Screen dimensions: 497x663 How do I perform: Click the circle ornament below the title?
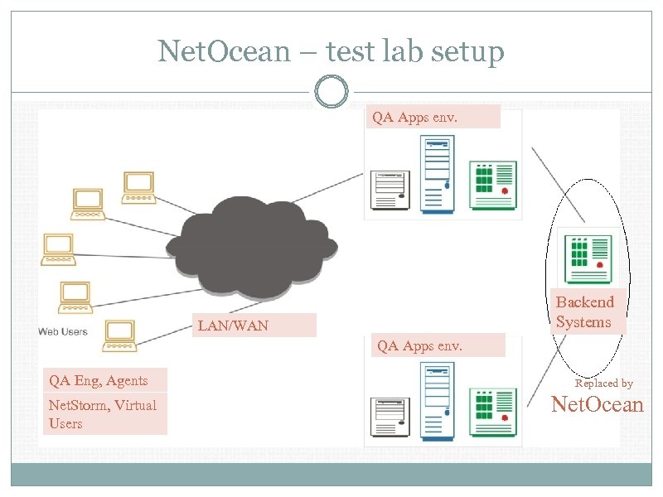331,92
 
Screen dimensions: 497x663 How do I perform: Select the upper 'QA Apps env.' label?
433,117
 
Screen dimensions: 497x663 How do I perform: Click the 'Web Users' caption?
62,332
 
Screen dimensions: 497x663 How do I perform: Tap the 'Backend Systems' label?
585,311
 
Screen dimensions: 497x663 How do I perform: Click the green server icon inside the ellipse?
588,258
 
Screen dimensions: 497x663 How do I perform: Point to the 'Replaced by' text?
603,383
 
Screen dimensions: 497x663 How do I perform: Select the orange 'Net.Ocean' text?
597,405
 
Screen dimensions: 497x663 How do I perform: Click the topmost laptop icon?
138,187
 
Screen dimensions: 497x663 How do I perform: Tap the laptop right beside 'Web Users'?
118,334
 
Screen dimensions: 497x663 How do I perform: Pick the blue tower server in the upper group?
436,173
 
